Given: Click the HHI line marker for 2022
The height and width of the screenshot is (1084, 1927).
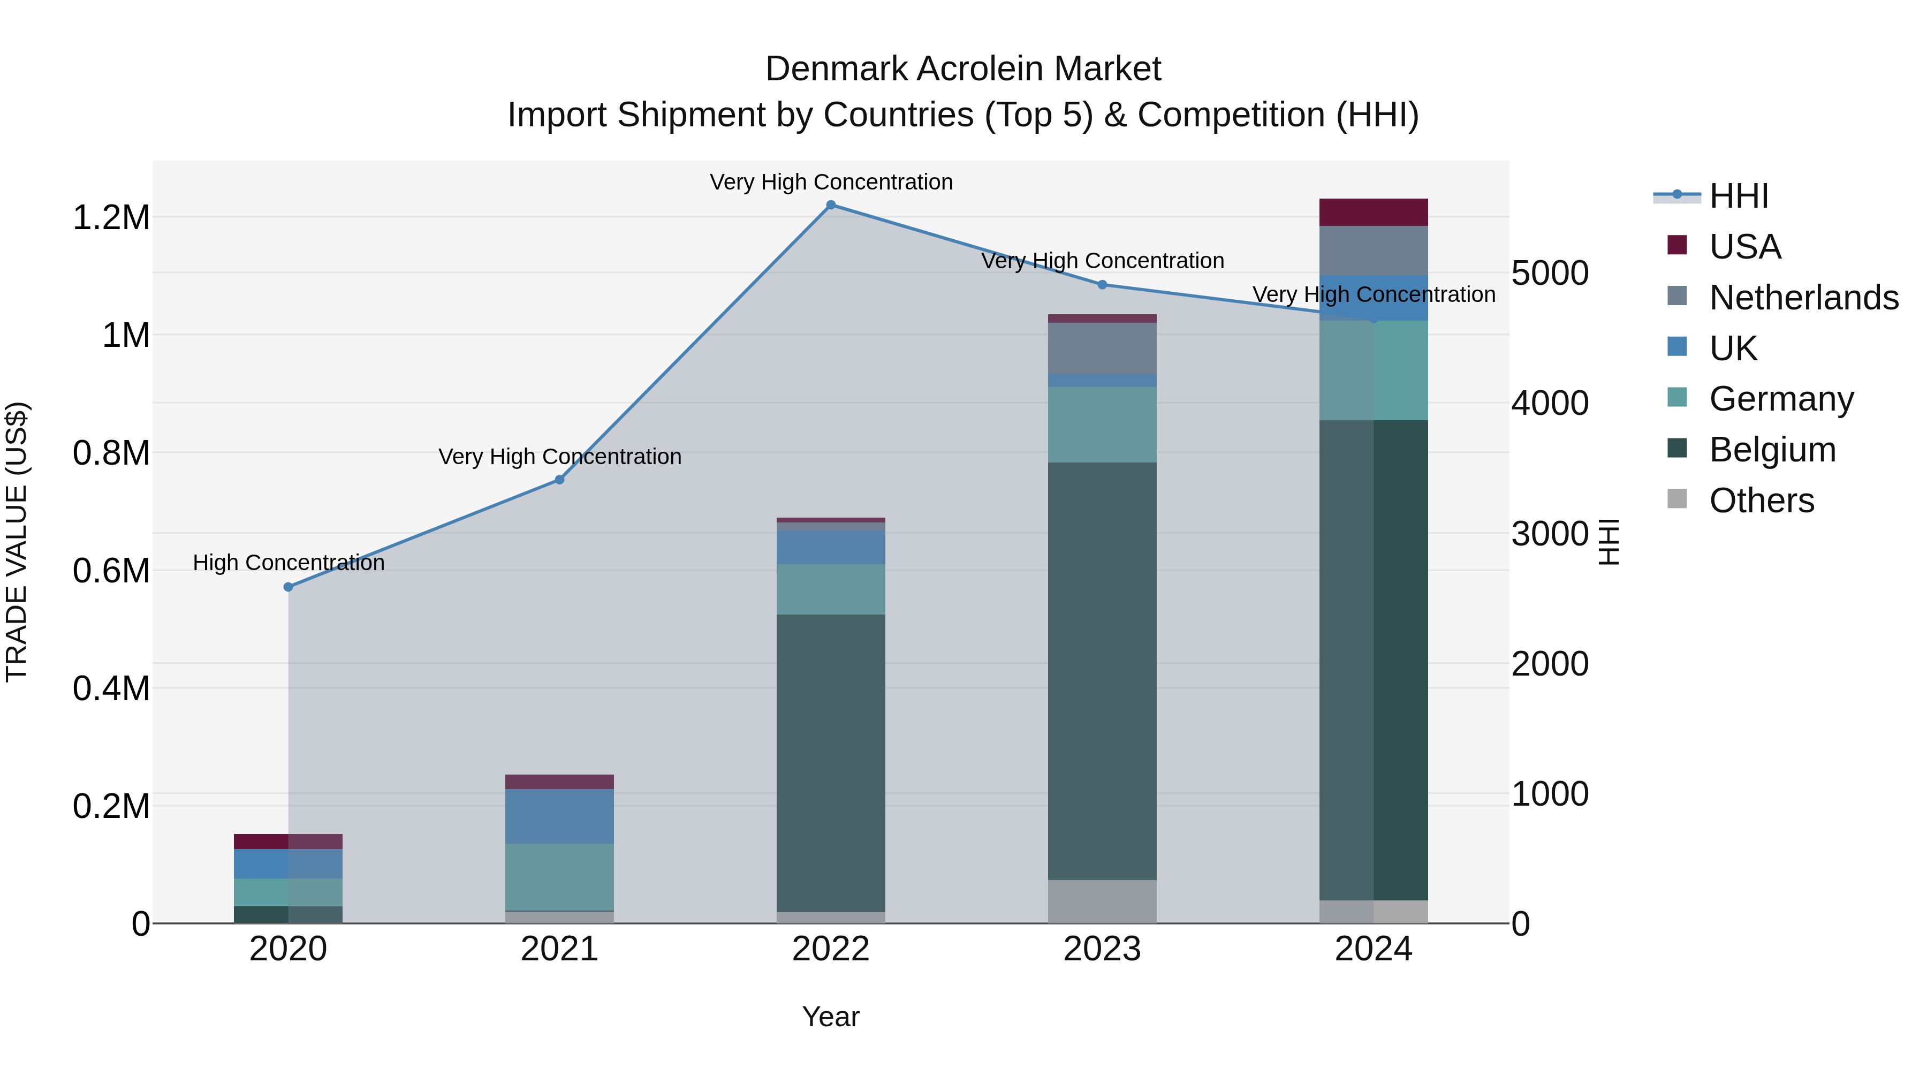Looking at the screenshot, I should (830, 205).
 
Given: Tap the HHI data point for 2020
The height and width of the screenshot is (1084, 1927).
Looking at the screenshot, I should (288, 587).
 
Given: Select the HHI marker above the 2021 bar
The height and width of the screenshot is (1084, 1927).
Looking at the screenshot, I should (559, 480).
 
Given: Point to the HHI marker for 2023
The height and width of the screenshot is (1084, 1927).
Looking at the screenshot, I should (1102, 285).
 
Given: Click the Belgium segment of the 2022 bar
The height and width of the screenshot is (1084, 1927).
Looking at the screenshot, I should (830, 763).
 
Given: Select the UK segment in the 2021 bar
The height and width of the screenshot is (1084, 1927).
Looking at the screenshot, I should (559, 816).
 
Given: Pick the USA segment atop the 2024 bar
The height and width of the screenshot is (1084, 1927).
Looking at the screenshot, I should (1374, 213).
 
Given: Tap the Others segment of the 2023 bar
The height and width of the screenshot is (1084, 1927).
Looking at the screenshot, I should (1102, 901).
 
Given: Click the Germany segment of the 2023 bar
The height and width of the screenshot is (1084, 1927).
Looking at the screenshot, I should (1102, 425).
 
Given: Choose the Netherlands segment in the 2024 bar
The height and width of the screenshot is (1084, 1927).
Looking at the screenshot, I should (1374, 251).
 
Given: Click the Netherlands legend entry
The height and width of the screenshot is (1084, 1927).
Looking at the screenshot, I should (1803, 298).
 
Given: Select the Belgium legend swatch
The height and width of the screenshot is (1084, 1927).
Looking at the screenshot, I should (1677, 449).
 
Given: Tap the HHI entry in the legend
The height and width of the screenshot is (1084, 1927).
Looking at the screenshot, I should (1739, 196).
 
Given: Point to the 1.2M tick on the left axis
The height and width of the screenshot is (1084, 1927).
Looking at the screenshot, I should (111, 218).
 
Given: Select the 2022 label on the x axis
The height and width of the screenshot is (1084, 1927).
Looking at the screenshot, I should (830, 949).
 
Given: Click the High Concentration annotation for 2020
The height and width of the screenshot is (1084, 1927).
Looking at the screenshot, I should (289, 563).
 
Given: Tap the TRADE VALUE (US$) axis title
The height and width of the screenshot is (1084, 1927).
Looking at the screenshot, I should (17, 542).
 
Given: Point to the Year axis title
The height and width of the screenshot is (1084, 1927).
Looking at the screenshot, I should (830, 1017).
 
